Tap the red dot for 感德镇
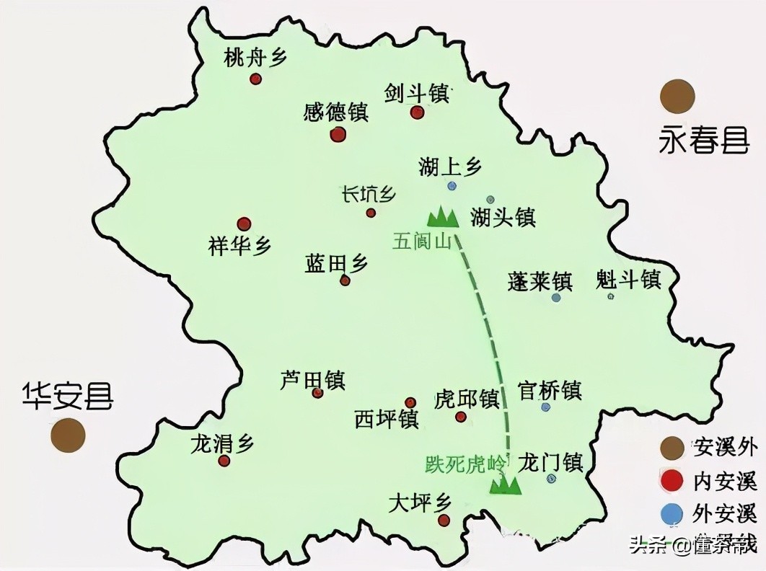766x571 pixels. pos(338,134)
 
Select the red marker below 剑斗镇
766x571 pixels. pos(417,112)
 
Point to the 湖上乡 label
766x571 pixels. pos(450,167)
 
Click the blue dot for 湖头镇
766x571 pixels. pos(490,199)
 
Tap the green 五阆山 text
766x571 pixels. pos(422,241)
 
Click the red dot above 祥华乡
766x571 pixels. pos(244,224)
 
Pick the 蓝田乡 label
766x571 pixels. pos(337,264)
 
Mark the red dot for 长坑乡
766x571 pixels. pos(371,213)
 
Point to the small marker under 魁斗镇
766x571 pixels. pos(611,296)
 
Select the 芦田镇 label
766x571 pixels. pos(312,379)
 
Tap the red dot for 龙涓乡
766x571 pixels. pos(224,461)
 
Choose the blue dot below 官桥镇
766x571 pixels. pos(546,407)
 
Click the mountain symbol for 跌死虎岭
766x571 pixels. pos(506,484)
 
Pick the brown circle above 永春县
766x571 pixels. pos(677,96)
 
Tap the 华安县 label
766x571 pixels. pos(67,396)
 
